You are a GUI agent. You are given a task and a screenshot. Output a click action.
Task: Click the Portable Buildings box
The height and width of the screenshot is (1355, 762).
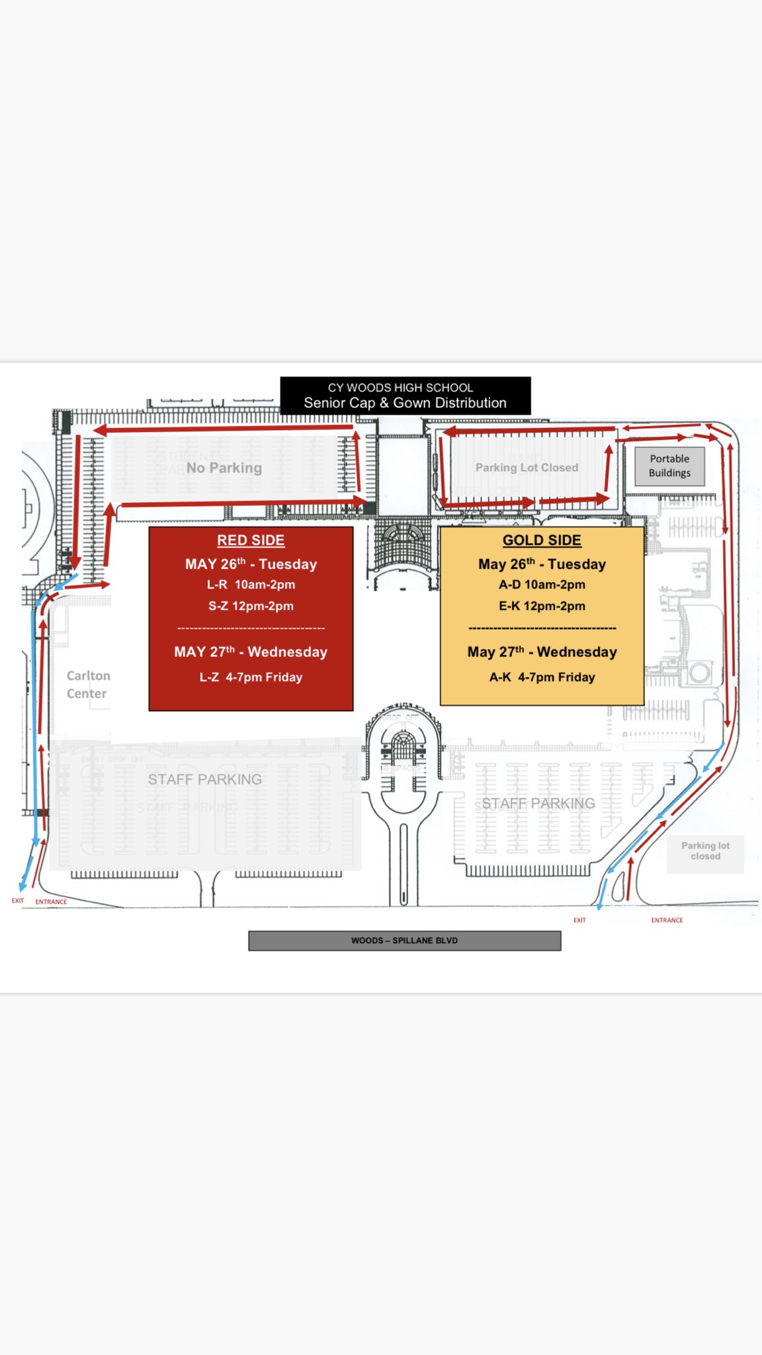669,466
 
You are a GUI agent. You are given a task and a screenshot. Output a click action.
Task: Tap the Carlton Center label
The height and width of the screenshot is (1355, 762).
87,684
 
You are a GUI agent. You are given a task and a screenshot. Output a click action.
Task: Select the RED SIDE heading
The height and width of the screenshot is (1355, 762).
251,541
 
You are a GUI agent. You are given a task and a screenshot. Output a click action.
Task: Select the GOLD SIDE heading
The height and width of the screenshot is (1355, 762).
542,541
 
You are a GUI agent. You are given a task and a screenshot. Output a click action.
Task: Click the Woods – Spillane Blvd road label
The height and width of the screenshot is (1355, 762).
404,940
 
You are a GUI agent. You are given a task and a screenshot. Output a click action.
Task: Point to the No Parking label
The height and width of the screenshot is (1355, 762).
224,468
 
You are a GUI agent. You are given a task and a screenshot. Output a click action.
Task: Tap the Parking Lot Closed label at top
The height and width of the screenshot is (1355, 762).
527,468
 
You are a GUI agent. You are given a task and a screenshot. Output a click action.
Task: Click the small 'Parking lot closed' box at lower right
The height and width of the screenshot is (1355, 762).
705,851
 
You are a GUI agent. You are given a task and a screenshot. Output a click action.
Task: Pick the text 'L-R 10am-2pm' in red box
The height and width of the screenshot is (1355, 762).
251,584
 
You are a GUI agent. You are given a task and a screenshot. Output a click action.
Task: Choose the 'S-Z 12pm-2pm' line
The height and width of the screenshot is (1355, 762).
251,606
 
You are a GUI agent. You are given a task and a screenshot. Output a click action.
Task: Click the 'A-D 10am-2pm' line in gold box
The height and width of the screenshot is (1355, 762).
542,584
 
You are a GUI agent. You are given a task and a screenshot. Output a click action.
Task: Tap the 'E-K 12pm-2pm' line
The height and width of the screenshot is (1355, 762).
542,606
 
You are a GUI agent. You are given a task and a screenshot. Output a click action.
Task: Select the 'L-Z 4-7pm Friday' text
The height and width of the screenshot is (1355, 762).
251,677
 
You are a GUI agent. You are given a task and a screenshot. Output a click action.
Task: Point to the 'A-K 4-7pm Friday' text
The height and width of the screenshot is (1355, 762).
542,677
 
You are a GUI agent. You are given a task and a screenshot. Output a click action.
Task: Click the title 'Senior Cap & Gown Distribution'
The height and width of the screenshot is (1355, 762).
405,403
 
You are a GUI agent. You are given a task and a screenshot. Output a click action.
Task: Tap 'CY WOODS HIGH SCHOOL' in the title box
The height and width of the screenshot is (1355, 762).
400,388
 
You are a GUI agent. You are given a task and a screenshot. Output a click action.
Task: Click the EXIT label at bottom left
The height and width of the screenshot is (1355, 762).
18,900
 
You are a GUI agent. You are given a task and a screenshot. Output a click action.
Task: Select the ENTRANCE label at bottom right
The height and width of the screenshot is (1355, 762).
667,920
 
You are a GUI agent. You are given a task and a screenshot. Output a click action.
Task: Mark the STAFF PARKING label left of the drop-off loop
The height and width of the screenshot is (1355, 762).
204,779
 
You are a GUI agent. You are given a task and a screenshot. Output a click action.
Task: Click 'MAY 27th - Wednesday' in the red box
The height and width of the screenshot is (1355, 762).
251,652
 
